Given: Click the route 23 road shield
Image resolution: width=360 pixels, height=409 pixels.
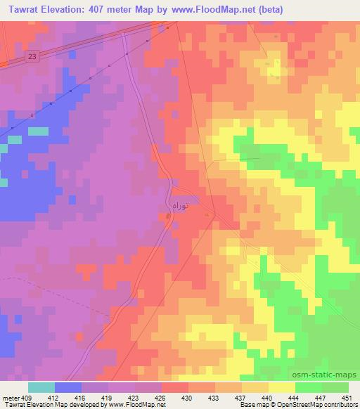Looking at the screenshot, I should [x=33, y=56].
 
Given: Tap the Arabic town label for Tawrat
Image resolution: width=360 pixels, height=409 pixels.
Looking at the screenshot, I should [x=181, y=204].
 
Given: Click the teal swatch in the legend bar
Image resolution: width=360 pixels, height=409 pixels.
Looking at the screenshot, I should [x=41, y=387].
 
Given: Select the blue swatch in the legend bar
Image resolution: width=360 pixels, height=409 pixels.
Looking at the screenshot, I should [x=68, y=387].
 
